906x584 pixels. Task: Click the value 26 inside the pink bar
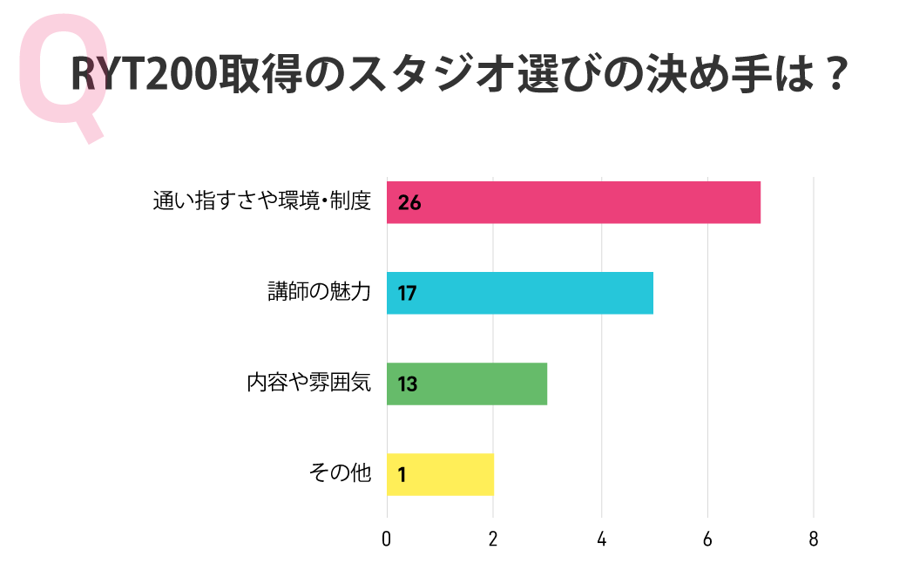(409, 203)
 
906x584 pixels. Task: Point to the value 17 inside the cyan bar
(407, 294)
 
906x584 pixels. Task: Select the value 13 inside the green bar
(407, 384)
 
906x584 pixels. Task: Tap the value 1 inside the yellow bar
(402, 475)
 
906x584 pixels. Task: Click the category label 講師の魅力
(319, 292)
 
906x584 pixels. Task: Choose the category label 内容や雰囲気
(309, 383)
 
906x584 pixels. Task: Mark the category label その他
(340, 473)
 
